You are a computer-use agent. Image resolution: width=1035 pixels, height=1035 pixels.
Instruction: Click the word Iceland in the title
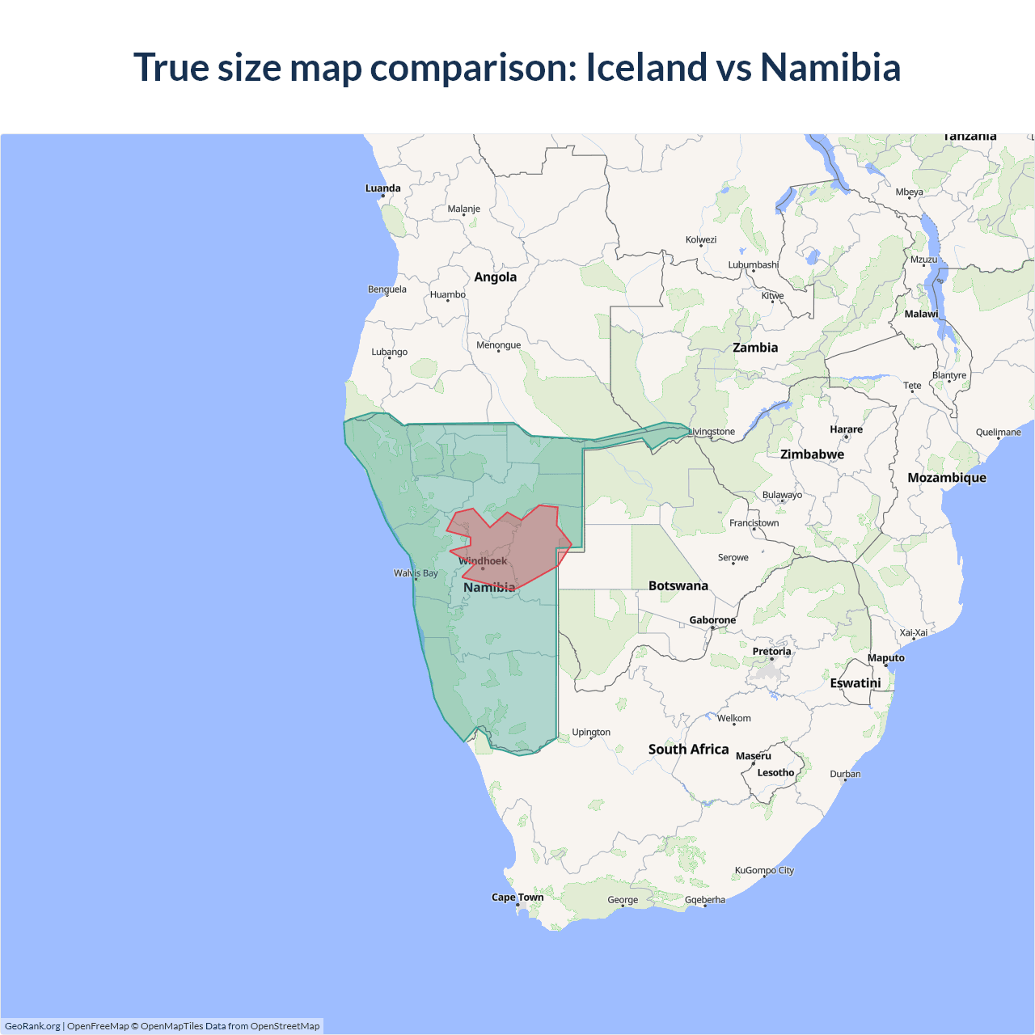pos(647,67)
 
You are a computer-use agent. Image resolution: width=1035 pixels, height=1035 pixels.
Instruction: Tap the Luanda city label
pos(382,188)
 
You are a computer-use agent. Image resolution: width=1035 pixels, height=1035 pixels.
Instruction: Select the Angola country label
pos(495,277)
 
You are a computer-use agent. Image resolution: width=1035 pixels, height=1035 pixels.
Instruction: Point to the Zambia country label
pos(755,348)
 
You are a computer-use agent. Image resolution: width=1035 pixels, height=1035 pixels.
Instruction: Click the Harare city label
pos(846,429)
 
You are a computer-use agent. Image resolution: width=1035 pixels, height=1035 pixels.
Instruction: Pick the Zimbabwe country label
pos(812,454)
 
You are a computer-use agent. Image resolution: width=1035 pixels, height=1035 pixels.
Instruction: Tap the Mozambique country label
pos(947,478)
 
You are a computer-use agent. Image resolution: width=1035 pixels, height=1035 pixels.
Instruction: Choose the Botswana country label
pos(678,586)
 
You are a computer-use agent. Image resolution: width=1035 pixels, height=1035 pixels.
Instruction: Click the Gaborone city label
pos(712,620)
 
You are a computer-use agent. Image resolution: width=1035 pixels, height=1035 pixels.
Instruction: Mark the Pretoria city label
pos(771,652)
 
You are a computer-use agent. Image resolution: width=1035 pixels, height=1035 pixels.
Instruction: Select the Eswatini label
pos(855,683)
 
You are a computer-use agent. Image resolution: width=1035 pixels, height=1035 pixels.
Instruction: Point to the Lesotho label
pos(775,773)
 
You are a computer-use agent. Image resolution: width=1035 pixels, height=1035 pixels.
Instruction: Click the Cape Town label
pos(517,898)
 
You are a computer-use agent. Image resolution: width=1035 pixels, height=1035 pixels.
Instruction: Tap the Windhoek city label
pos(483,561)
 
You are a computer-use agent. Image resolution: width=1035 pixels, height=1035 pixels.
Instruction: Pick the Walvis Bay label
pos(416,573)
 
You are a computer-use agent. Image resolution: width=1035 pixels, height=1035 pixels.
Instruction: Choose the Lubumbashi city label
pos(753,265)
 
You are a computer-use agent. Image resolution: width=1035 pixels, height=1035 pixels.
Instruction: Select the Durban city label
pos(845,775)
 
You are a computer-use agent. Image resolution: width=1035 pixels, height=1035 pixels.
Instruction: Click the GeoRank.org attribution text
pos(32,1026)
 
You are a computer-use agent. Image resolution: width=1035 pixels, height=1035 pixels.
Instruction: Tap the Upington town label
pos(591,733)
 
